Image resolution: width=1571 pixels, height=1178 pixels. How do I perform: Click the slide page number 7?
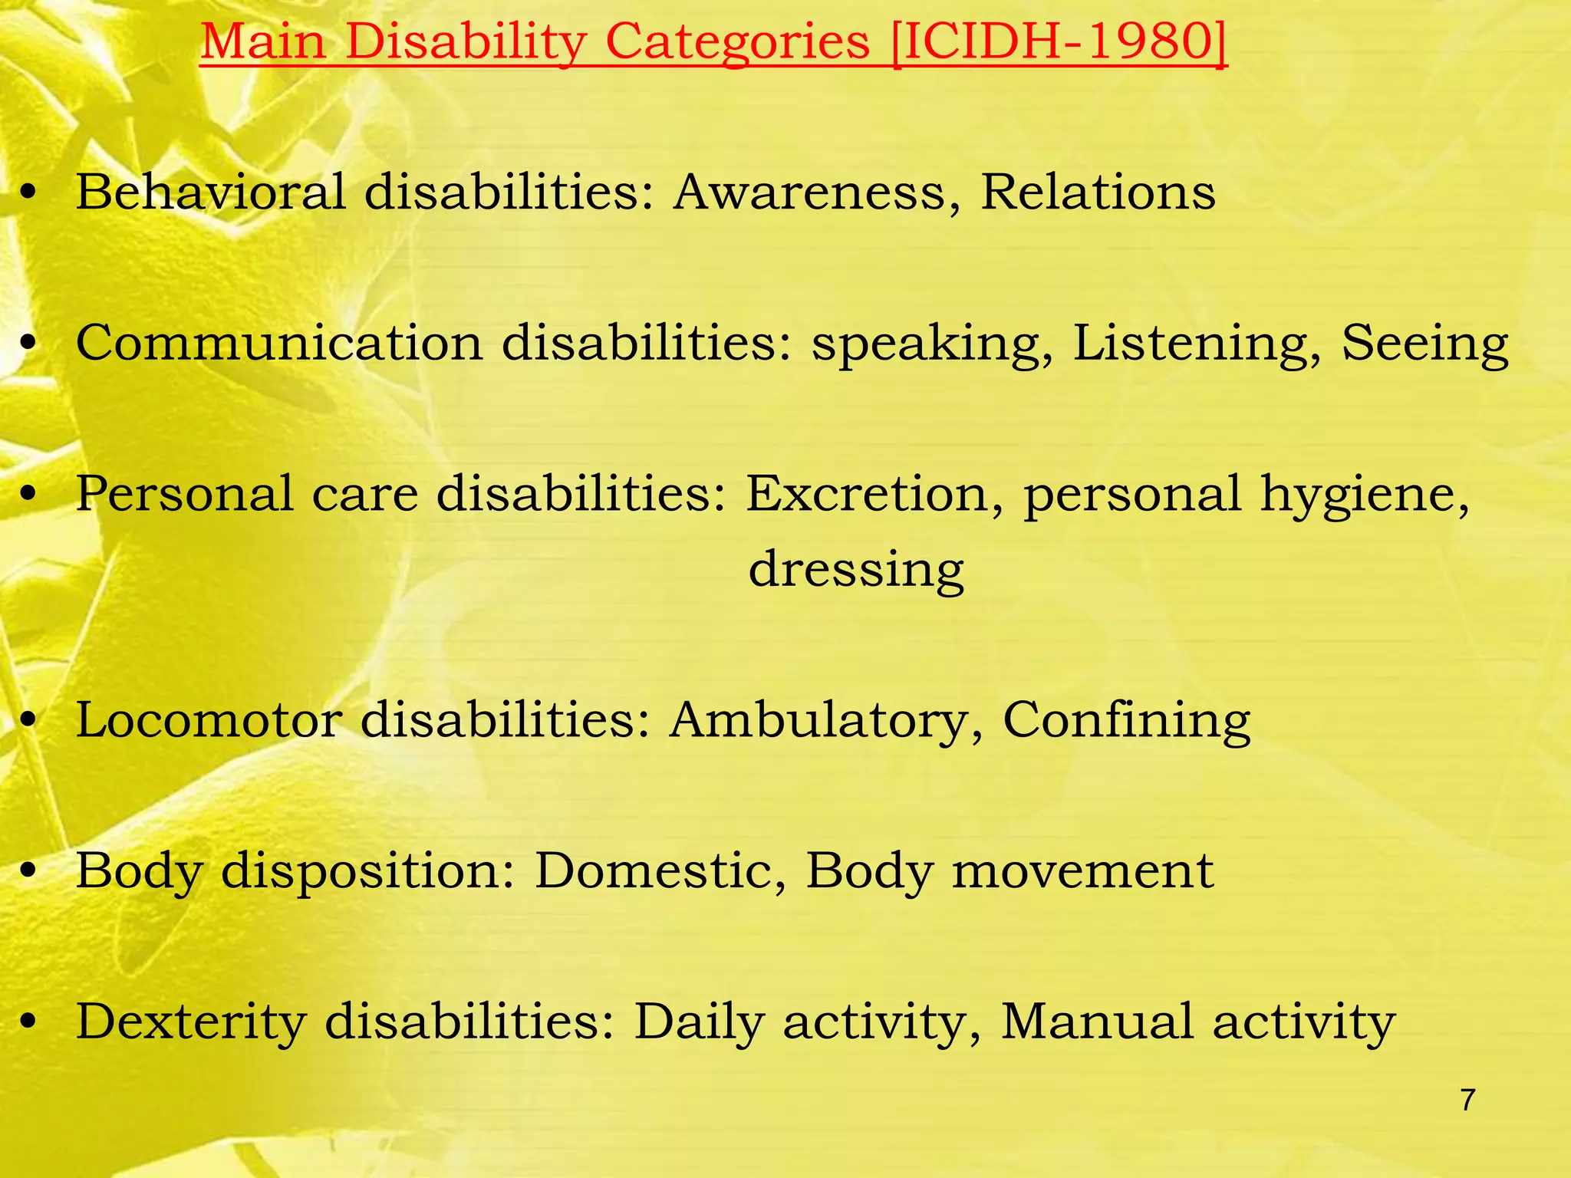(x=1467, y=1100)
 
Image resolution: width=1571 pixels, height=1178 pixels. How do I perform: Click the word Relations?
(x=1098, y=191)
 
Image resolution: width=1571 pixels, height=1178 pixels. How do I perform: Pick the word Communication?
(x=279, y=342)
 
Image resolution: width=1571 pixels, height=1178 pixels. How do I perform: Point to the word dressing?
(x=856, y=570)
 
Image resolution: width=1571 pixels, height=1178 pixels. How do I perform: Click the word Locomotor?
(x=208, y=720)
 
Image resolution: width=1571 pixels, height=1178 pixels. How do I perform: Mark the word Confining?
(x=1126, y=722)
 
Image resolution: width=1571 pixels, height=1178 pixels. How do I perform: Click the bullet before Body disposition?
(x=29, y=873)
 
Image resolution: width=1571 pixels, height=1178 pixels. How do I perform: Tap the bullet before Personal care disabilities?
(x=29, y=495)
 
